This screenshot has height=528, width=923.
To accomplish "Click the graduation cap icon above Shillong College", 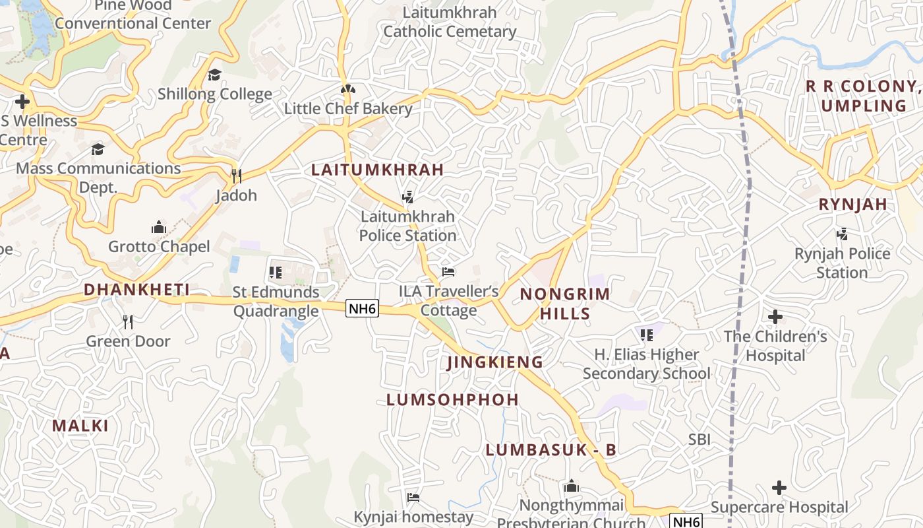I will tap(214, 75).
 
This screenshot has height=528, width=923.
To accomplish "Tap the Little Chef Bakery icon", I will tap(348, 89).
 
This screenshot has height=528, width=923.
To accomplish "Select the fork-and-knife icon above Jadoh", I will tap(237, 176).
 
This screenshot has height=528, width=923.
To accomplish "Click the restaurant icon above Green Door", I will tap(128, 321).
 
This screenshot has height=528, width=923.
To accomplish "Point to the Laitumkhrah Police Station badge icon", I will tap(408, 197).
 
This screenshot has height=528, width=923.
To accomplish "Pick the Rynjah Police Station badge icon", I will tap(842, 234).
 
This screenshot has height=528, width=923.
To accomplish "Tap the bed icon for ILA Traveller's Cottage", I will tap(448, 272).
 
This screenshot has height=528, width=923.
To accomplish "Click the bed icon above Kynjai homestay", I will tap(413, 497).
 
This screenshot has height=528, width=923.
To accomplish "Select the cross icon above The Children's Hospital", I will tap(775, 317).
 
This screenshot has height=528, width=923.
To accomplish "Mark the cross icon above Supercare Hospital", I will tap(779, 488).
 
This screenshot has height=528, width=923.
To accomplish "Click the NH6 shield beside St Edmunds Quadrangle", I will tap(363, 308).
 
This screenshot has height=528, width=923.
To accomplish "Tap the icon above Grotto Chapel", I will tap(158, 228).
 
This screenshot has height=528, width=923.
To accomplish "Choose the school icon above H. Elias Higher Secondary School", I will tap(647, 335).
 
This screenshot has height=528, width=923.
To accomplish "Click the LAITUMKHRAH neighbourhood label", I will tap(377, 170).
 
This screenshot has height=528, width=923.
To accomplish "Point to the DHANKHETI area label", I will tap(136, 290).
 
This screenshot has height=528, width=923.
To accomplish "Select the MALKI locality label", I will tap(80, 426).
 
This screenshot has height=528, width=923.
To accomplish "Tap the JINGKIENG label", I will tap(495, 362).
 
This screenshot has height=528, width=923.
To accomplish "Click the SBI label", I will tap(700, 440).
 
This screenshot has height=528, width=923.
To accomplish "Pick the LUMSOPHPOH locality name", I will tap(452, 400).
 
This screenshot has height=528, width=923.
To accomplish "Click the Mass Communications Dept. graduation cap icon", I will tap(98, 149).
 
